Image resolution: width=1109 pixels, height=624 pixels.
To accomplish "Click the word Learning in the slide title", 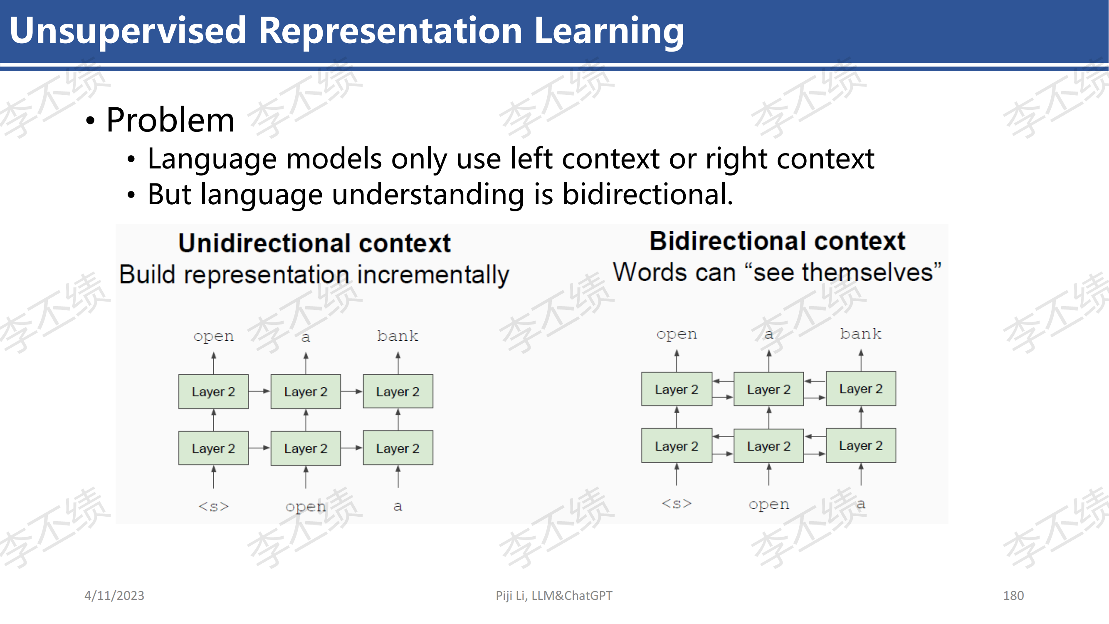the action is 609,31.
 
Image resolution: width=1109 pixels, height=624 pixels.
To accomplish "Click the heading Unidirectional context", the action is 315,243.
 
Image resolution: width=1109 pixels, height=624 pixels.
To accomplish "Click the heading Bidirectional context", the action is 778,241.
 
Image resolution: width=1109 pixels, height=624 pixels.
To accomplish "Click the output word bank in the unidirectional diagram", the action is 398,336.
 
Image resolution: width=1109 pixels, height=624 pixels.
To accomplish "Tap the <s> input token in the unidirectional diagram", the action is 214,506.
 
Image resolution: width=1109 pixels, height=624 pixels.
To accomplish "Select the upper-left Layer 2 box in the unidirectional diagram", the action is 214,391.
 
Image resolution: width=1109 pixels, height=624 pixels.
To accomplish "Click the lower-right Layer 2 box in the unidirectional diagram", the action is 398,448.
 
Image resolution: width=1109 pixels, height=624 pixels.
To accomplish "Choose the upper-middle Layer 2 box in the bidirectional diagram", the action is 769,389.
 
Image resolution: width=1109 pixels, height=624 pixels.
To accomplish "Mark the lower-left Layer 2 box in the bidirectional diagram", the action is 677,446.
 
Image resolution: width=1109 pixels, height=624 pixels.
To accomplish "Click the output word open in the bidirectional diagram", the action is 677,334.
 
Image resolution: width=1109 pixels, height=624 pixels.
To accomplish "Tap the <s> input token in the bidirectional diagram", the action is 677,503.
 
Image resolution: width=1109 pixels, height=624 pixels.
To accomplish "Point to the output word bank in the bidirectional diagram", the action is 861,334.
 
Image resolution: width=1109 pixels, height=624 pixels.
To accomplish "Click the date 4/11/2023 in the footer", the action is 114,596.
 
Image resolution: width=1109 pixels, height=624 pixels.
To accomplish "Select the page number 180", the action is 1013,596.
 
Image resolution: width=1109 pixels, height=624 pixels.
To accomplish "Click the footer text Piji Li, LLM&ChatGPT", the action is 554,596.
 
